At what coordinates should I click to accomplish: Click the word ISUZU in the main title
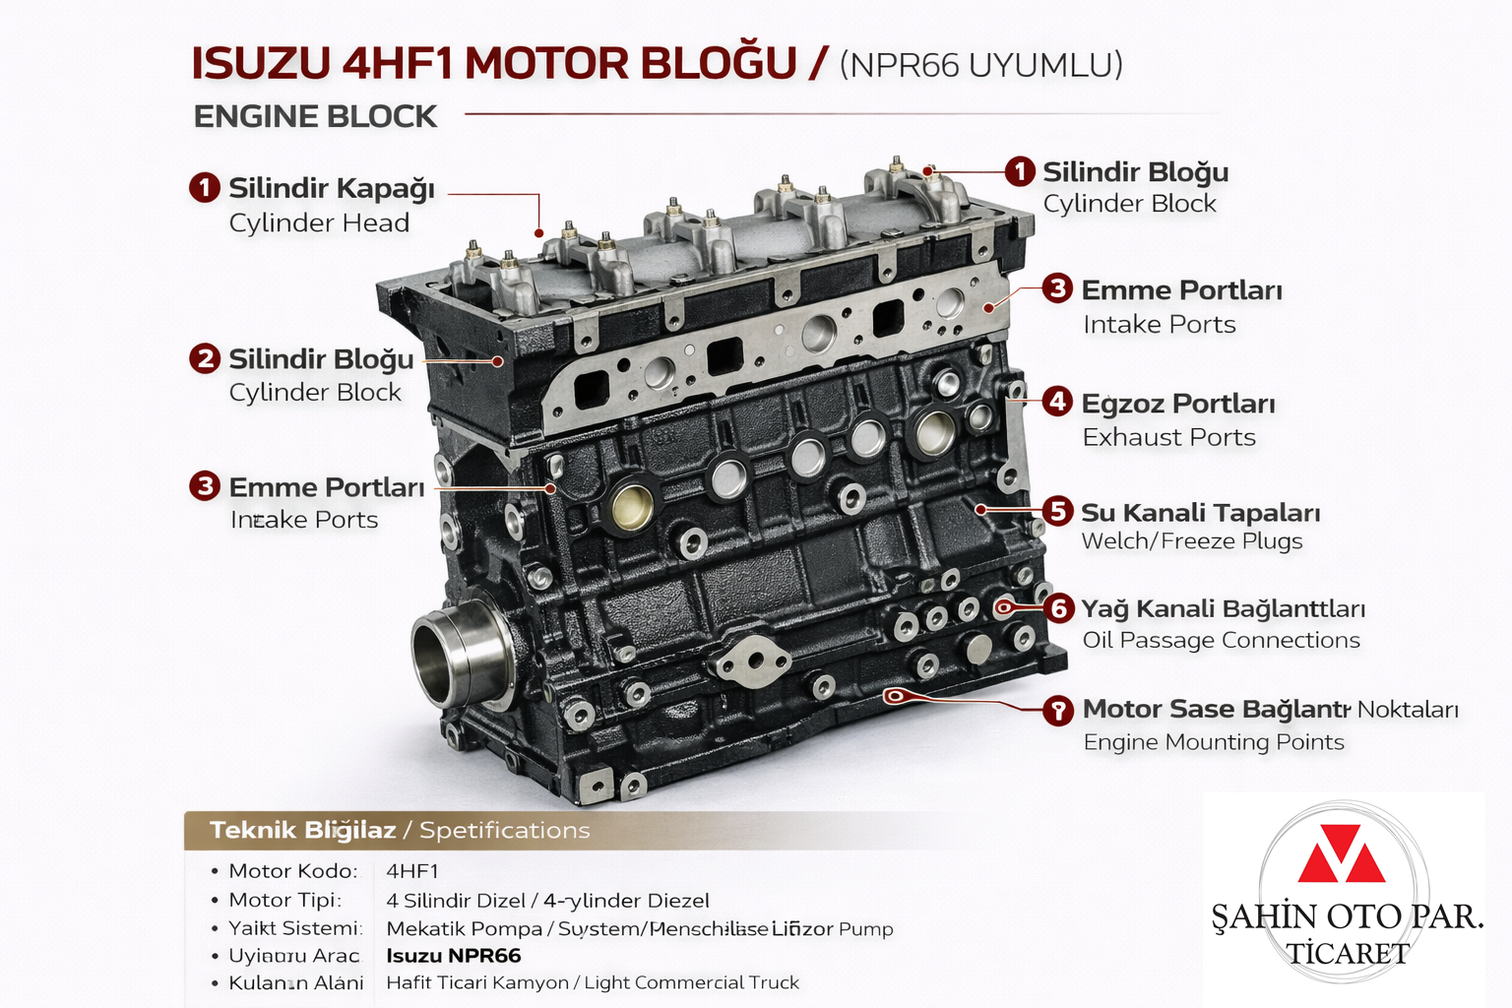tap(261, 64)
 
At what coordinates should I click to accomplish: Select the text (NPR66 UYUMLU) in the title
tap(980, 65)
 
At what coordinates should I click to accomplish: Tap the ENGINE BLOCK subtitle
tap(315, 116)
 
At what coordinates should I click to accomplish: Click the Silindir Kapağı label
tap(332, 188)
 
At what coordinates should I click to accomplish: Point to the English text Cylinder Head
tap(319, 223)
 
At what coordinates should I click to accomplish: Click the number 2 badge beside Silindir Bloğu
tap(205, 358)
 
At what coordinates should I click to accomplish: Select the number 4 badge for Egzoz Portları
tap(1057, 402)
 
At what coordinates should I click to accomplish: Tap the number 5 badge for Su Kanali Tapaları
tap(1057, 511)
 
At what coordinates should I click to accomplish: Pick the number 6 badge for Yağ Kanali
tap(1059, 608)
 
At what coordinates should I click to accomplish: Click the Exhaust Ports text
tap(1168, 437)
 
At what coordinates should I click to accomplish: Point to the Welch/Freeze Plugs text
tap(1191, 541)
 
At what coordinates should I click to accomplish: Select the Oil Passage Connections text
tap(1221, 641)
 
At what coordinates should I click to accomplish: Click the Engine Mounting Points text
tap(1213, 742)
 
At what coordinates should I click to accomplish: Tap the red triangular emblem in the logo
tap(1341, 854)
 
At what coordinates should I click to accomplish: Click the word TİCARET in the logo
tap(1348, 954)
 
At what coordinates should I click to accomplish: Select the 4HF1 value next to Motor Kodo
tap(412, 871)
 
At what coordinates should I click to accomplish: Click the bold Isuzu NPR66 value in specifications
tap(454, 956)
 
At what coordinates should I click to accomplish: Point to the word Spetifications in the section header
tap(504, 831)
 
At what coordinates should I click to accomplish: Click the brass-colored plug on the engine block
tap(631, 506)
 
